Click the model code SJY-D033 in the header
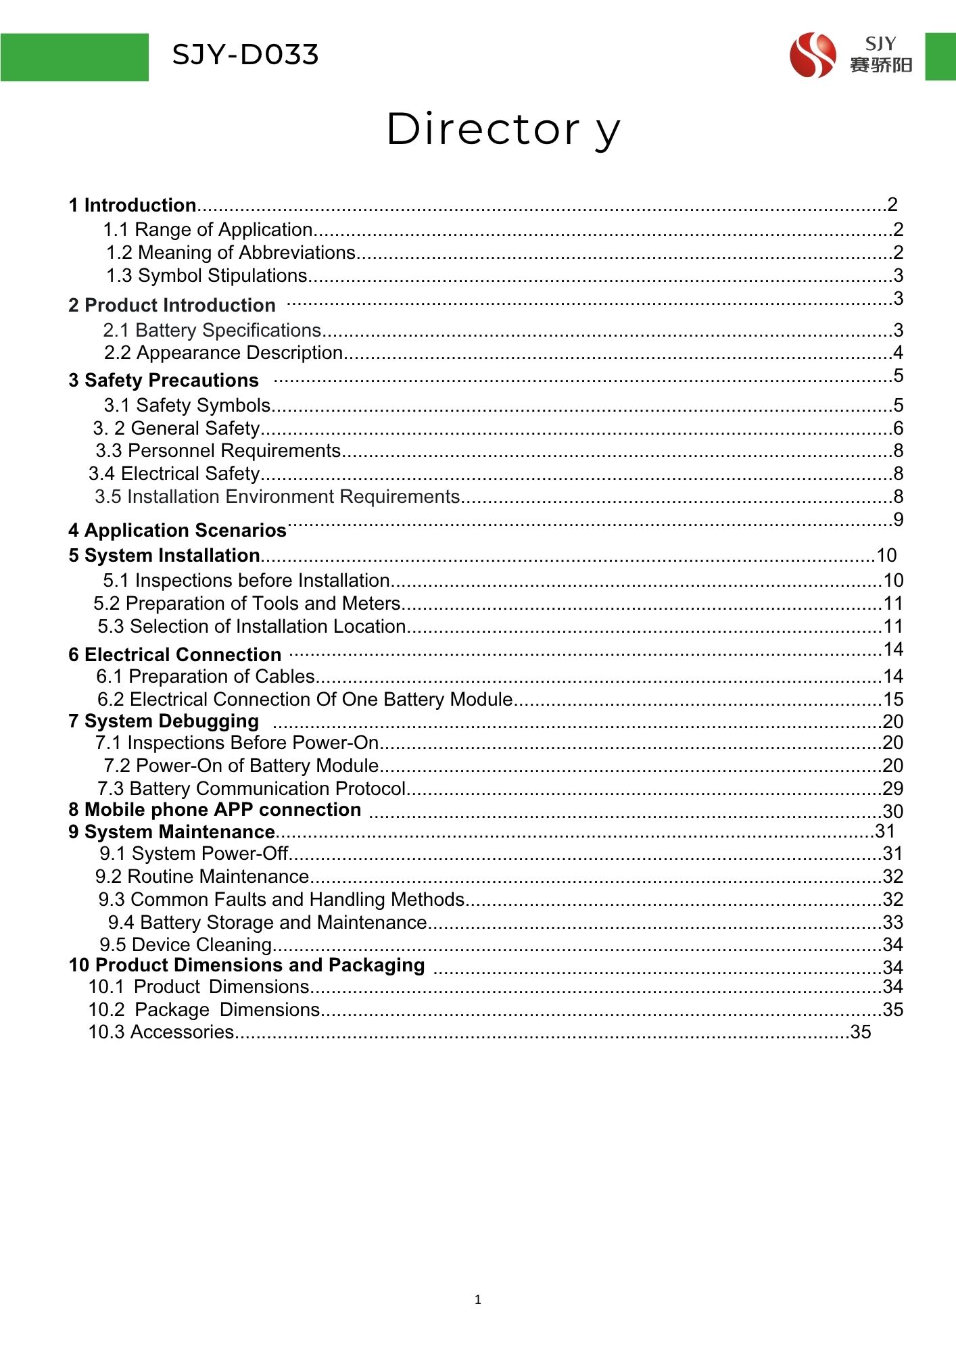pos(245,55)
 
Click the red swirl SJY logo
pos(812,55)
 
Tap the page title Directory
pos(502,129)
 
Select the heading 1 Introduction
pos(133,206)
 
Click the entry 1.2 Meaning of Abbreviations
pos(231,253)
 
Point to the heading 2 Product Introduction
pos(172,306)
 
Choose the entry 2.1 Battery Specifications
pos(212,331)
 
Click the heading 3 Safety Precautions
pos(164,381)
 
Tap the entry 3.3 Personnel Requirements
pos(218,451)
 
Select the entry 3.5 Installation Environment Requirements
pos(277,497)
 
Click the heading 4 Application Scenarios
pos(177,531)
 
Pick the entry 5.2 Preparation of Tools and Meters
pos(247,604)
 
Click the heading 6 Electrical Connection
pos(174,655)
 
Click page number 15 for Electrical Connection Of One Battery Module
pos(893,700)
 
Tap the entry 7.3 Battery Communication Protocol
pos(252,789)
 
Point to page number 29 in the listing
pos(893,789)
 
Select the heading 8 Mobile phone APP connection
pos(215,810)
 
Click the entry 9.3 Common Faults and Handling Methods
pos(281,900)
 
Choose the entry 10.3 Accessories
pos(161,1032)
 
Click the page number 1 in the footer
pos(478,1300)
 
